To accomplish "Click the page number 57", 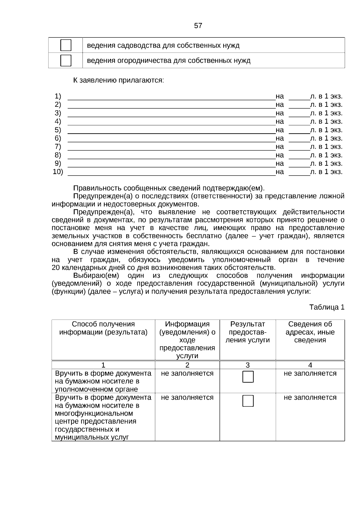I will click(x=198, y=26).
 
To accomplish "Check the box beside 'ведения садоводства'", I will click(x=66, y=45).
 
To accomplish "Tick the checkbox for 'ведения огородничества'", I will click(x=66, y=61).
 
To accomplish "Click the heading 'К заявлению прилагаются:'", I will click(x=119, y=81).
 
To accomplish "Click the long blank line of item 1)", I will click(x=171, y=97).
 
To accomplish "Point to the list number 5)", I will click(x=58, y=130).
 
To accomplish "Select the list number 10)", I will click(x=58, y=172).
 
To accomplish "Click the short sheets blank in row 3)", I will click(x=299, y=114).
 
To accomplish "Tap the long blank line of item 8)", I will click(x=171, y=156).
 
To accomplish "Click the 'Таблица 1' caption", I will click(x=327, y=307).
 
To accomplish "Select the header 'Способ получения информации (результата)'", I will click(x=103, y=328).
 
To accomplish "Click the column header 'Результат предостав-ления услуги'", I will click(x=247, y=332).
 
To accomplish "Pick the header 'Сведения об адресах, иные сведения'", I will click(x=310, y=332).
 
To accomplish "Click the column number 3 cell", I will click(x=247, y=365).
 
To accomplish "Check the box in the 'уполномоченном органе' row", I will click(x=248, y=377).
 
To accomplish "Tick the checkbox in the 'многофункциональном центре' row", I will click(x=248, y=401).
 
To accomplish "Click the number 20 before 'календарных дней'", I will click(x=56, y=268).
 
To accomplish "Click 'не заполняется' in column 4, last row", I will click(x=310, y=398).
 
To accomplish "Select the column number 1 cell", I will click(x=103, y=365).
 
